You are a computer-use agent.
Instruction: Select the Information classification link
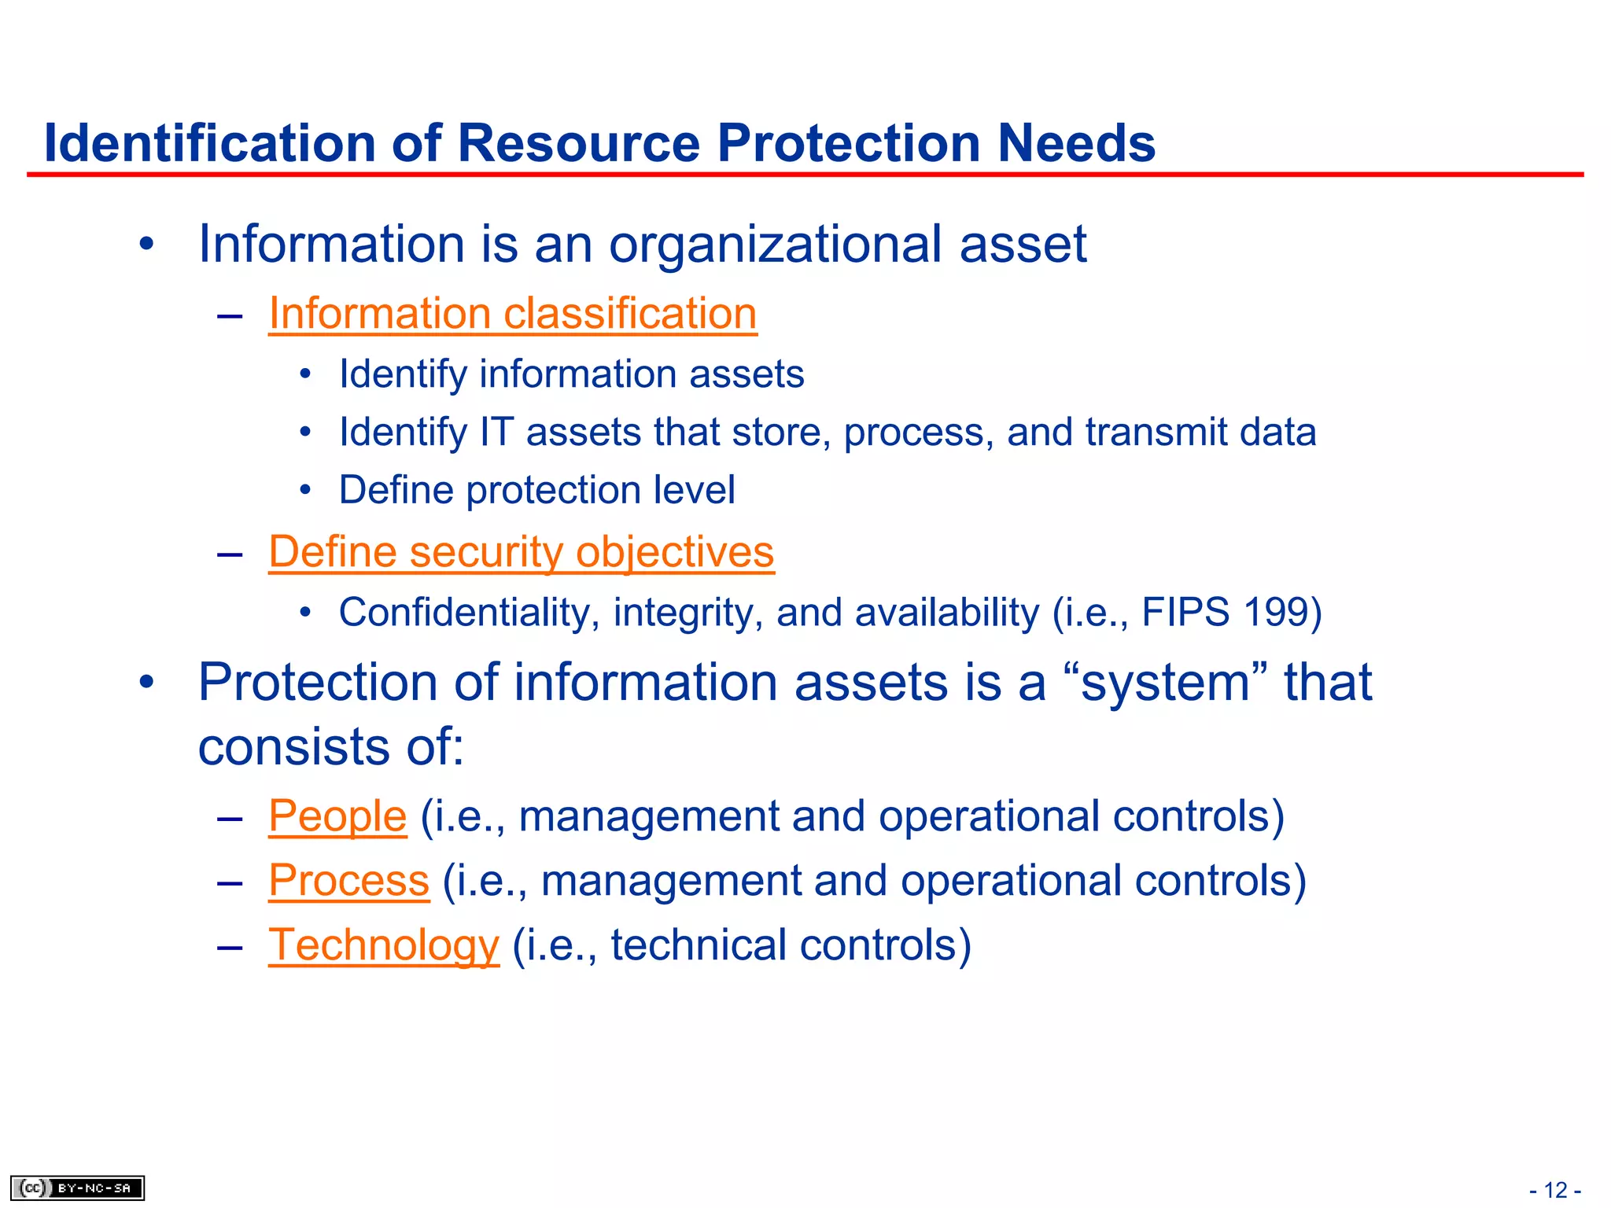pyautogui.click(x=513, y=314)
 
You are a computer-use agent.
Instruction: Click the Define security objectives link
pyautogui.click(x=522, y=551)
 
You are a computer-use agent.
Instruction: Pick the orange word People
pyautogui.click(x=337, y=816)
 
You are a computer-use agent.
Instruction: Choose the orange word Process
pyautogui.click(x=349, y=880)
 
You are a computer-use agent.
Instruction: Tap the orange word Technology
pyautogui.click(x=384, y=945)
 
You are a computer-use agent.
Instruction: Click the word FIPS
pyautogui.click(x=1185, y=612)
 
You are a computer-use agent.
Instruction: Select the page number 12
pyautogui.click(x=1555, y=1190)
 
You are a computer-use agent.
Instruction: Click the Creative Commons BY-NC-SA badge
pyautogui.click(x=78, y=1188)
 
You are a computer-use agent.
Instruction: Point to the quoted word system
pyautogui.click(x=1165, y=682)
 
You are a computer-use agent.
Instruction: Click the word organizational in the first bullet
pyautogui.click(x=776, y=244)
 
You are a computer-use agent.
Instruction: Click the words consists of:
pyautogui.click(x=331, y=746)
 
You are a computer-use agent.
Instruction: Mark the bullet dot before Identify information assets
pyautogui.click(x=305, y=374)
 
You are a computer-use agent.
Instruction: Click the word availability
pyautogui.click(x=947, y=612)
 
